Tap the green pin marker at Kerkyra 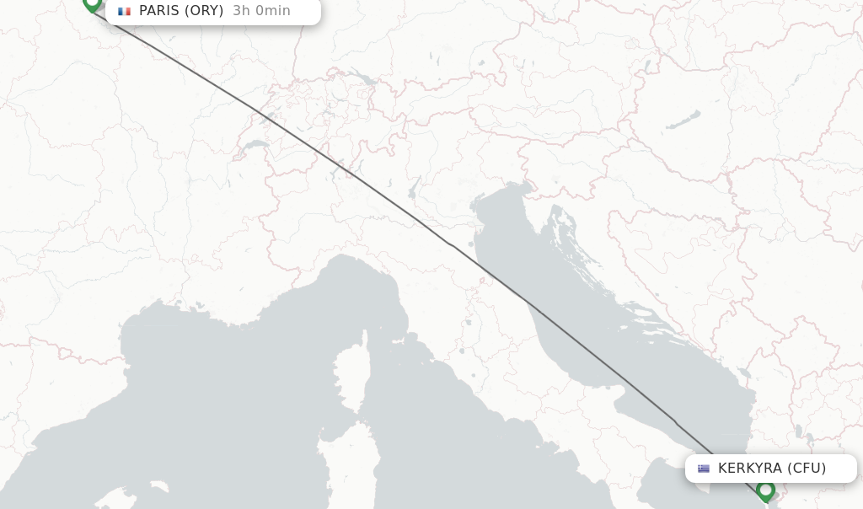(x=765, y=490)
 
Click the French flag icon (x=125, y=11)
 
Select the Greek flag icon (x=704, y=469)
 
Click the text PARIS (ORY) (x=181, y=11)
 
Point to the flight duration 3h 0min (x=261, y=11)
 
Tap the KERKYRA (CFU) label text (x=772, y=469)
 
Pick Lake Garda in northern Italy (x=414, y=188)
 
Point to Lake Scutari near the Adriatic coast (x=742, y=372)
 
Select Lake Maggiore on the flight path (x=346, y=168)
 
